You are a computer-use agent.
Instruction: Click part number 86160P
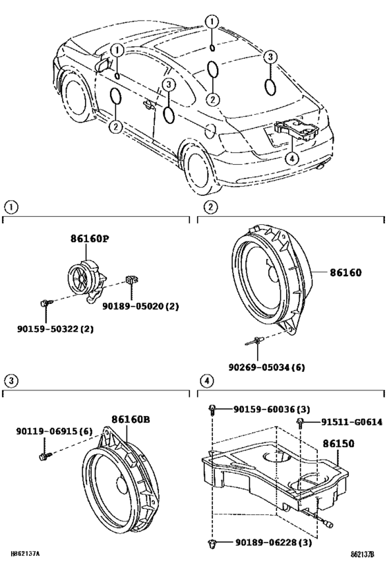(x=89, y=239)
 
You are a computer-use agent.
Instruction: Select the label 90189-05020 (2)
(x=140, y=306)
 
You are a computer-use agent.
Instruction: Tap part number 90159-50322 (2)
(x=55, y=329)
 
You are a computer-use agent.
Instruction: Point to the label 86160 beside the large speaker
(x=345, y=272)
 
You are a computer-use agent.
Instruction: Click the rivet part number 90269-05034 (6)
(x=267, y=368)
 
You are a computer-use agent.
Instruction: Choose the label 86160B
(x=131, y=419)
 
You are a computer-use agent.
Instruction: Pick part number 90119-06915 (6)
(x=54, y=431)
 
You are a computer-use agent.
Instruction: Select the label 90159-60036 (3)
(x=272, y=409)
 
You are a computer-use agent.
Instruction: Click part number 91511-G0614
(x=352, y=422)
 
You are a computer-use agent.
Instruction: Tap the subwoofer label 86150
(x=338, y=443)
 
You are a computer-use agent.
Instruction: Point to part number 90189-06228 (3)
(x=274, y=542)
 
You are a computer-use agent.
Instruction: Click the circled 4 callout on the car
(x=292, y=158)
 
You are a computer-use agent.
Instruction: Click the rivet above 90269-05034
(x=254, y=341)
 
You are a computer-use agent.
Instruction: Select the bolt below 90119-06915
(x=46, y=456)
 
